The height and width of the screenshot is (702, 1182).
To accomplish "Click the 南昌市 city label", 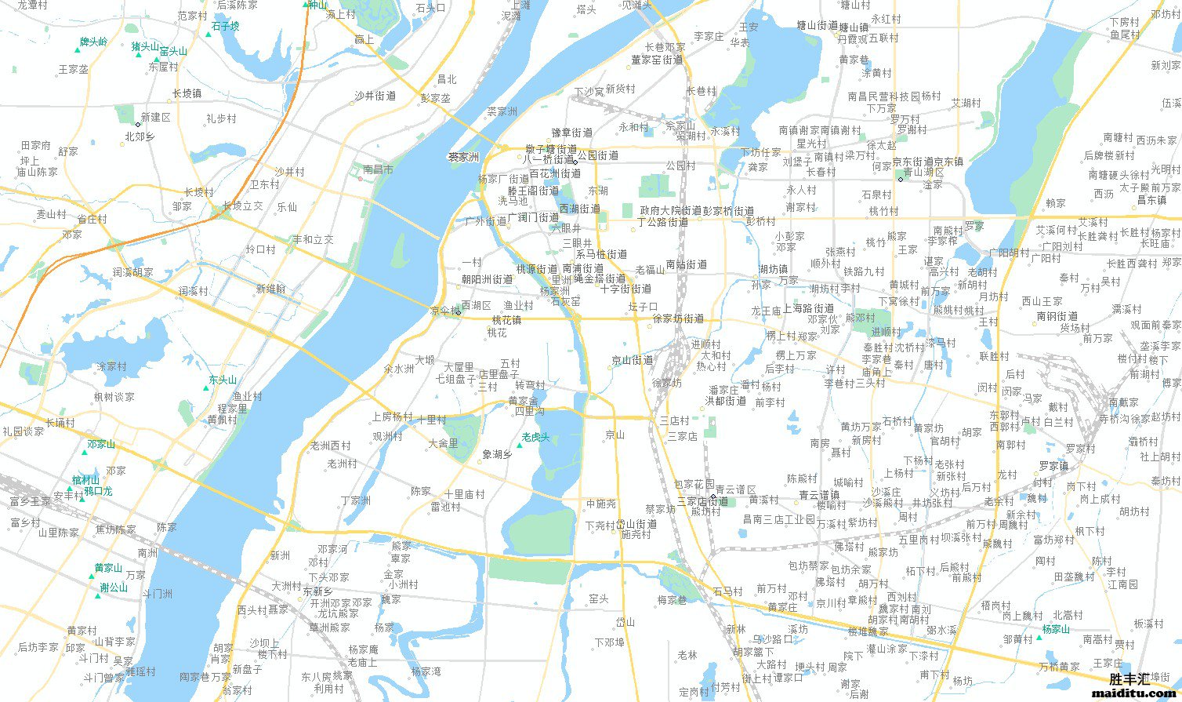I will (379, 169).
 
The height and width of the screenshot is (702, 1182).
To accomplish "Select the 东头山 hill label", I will (222, 380).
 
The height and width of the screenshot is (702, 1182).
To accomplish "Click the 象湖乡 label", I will (497, 454).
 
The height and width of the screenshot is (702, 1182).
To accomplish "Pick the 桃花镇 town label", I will (506, 320).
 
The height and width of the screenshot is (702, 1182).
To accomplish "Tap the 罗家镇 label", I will (1053, 465).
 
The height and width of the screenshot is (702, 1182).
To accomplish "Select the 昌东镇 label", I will (1151, 200).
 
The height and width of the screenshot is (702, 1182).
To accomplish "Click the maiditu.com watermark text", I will (1134, 693).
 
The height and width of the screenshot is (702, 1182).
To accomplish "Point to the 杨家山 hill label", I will (1056, 629).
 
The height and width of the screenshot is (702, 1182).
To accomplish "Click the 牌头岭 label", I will (94, 42).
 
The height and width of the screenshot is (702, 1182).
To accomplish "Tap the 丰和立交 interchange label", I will (313, 239).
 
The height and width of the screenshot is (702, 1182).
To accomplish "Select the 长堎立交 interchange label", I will (242, 206).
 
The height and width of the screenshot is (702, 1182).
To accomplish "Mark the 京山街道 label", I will (632, 360).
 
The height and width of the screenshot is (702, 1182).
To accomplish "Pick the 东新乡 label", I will (317, 591).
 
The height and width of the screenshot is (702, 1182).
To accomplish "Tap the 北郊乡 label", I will (140, 136).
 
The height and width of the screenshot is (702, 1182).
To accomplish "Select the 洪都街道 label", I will (725, 401).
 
